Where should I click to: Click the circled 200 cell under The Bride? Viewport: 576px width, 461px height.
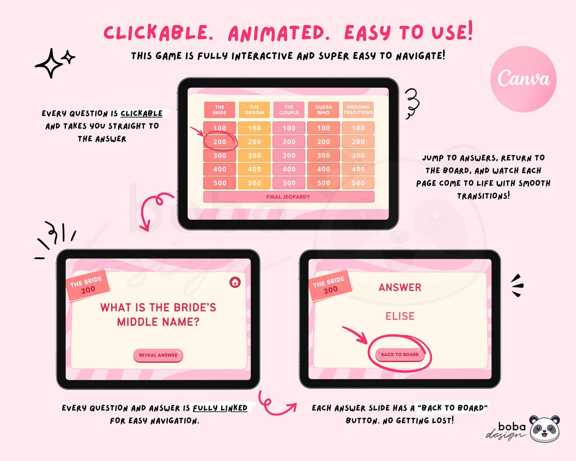pyautogui.click(x=220, y=142)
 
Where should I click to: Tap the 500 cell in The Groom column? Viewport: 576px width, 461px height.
pyautogui.click(x=254, y=183)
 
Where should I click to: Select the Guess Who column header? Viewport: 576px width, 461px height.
pyautogui.click(x=323, y=110)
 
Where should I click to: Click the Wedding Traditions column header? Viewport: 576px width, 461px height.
pyautogui.click(x=358, y=110)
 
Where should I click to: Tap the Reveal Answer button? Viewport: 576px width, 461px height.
pyautogui.click(x=158, y=355)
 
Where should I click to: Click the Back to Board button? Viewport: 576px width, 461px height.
pyautogui.click(x=400, y=355)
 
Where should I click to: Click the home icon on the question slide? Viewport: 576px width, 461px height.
pyautogui.click(x=235, y=282)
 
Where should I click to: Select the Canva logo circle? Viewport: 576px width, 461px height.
pyautogui.click(x=523, y=79)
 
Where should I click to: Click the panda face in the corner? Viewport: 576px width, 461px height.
pyautogui.click(x=545, y=429)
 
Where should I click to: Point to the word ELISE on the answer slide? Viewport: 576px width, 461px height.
pyautogui.click(x=400, y=316)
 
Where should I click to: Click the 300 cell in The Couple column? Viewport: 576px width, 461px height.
pyautogui.click(x=289, y=156)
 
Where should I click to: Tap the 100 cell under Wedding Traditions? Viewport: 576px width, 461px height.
pyautogui.click(x=358, y=128)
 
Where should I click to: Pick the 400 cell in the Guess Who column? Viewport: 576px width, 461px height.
pyautogui.click(x=323, y=169)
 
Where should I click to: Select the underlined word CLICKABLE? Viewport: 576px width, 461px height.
pyautogui.click(x=142, y=113)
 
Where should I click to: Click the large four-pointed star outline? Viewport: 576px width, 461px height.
pyautogui.click(x=49, y=63)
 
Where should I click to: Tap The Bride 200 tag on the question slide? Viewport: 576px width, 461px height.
pyautogui.click(x=88, y=286)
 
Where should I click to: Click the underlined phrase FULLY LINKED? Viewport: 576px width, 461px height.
pyautogui.click(x=220, y=408)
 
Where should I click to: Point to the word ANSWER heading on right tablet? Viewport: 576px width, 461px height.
pyautogui.click(x=400, y=288)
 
